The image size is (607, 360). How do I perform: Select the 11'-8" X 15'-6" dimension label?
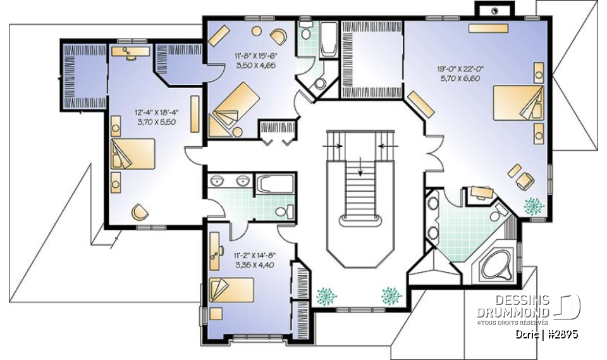point(255,59)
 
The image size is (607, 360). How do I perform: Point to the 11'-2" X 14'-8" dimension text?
point(254,260)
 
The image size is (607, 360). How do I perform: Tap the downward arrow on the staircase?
point(360,165)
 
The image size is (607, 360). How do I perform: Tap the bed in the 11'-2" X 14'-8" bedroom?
point(232,290)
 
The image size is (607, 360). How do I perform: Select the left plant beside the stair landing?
point(327,295)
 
